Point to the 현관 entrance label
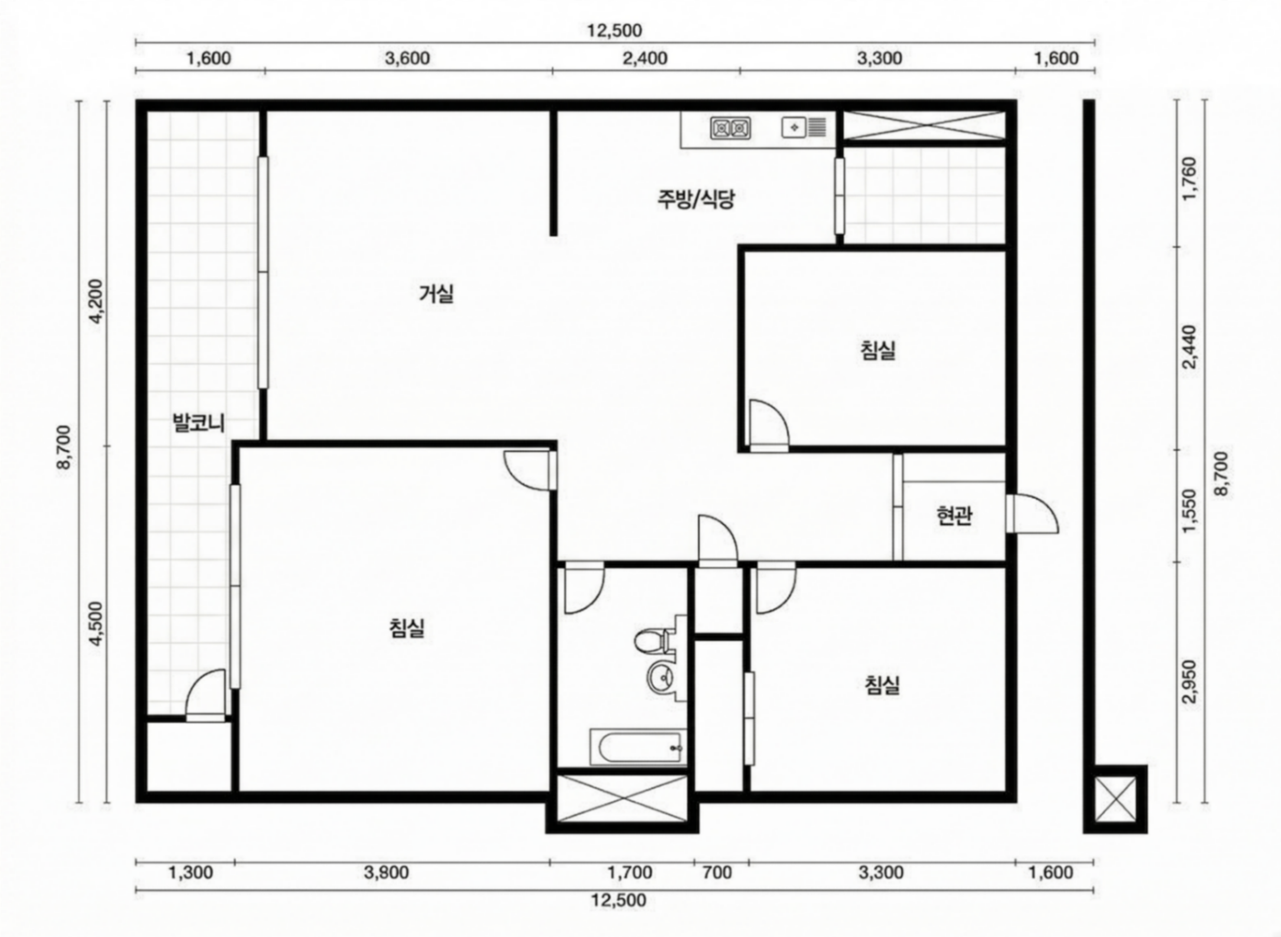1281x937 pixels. coord(954,516)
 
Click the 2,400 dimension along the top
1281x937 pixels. coord(645,58)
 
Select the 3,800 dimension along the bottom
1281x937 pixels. coord(386,872)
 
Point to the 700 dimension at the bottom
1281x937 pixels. coord(717,872)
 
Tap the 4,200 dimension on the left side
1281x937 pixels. coord(97,301)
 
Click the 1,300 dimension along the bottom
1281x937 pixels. coord(191,872)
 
